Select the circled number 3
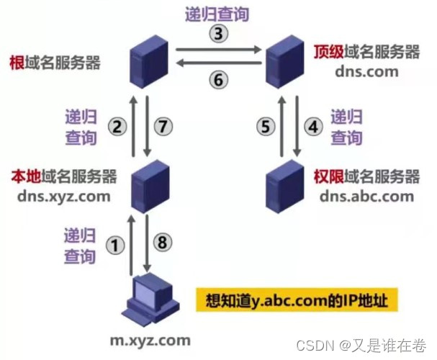point(217,32)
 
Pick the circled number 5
point(266,127)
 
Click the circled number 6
point(217,80)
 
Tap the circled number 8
point(163,243)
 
